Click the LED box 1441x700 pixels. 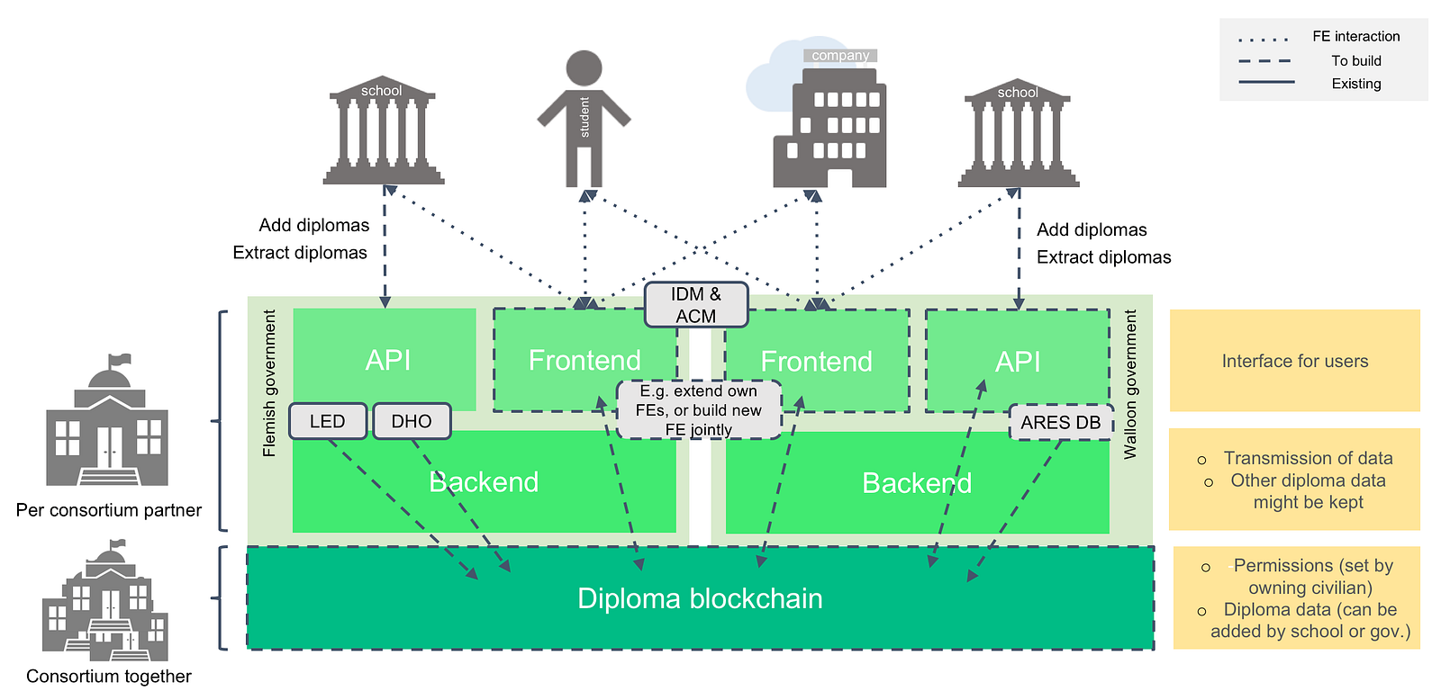328,421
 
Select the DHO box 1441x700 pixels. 412,421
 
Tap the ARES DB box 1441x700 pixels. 1061,423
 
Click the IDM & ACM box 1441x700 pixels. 696,305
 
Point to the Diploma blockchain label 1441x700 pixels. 700,598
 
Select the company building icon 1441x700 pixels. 829,126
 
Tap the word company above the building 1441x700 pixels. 840,56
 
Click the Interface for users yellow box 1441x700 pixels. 1294,361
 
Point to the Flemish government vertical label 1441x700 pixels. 269,383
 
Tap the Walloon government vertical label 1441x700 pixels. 1130,385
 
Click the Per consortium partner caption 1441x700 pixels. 109,510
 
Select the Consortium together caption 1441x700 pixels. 109,677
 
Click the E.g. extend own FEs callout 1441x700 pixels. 699,410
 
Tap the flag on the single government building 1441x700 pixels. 119,361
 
